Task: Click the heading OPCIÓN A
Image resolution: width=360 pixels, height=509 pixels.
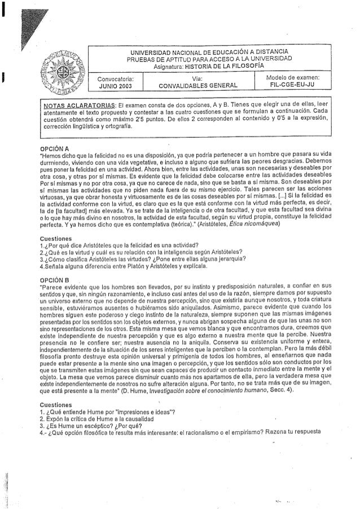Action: point(54,148)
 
